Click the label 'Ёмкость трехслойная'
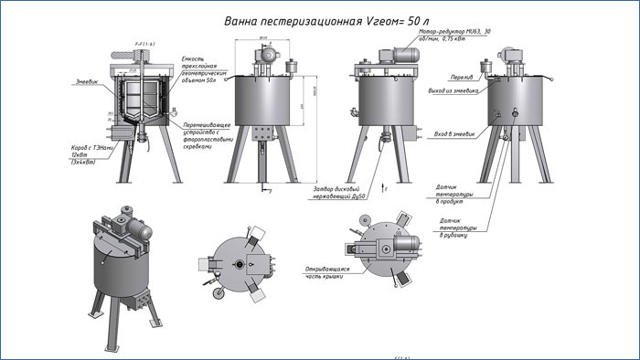click(198, 69)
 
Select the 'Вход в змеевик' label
click(454, 133)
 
